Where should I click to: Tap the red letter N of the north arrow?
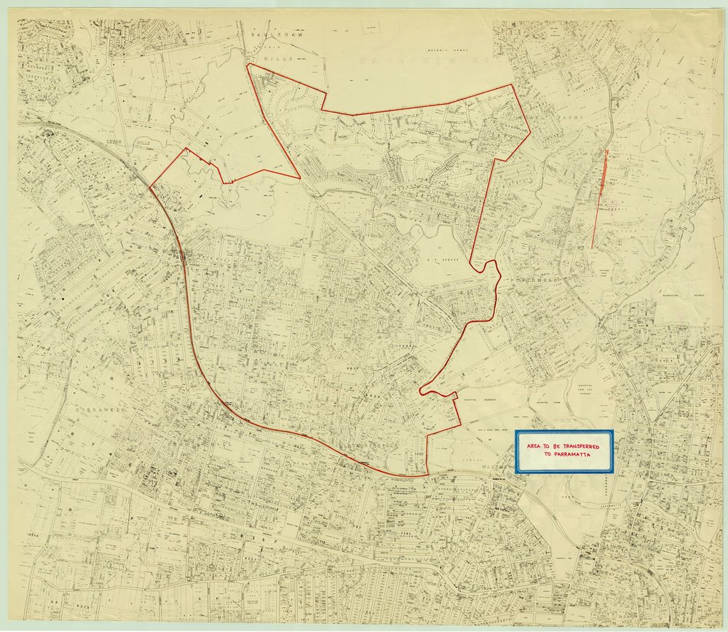click(x=606, y=152)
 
